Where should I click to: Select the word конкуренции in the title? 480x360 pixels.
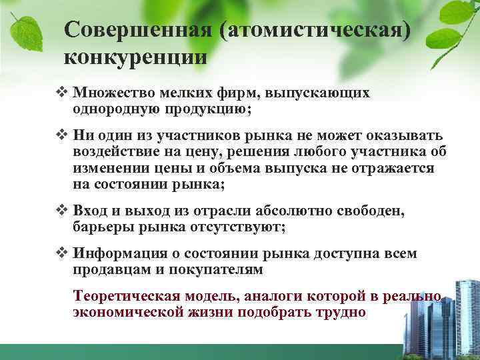[x=135, y=57]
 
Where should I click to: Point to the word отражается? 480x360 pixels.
[x=396, y=169]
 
